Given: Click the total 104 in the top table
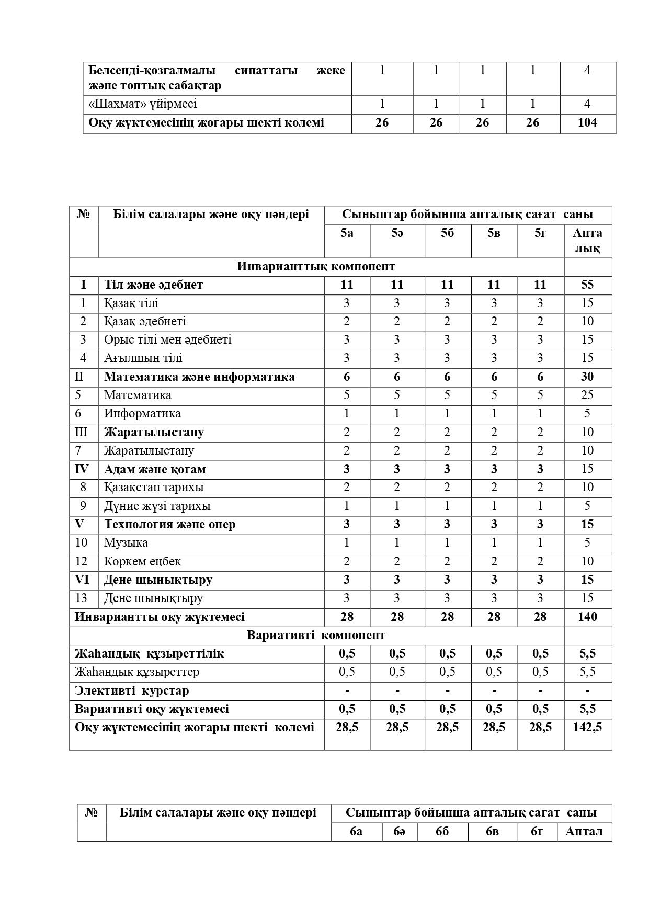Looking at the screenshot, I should (x=587, y=123).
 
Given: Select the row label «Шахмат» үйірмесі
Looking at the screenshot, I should (x=143, y=104).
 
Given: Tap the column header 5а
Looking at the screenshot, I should (x=347, y=233).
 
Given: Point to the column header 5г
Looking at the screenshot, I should (x=540, y=233).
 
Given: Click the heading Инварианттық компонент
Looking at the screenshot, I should (x=316, y=266).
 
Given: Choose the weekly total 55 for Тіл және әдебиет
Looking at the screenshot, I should (x=587, y=285).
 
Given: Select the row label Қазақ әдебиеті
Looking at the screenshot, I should (x=145, y=321).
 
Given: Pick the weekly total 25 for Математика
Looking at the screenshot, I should (x=587, y=395).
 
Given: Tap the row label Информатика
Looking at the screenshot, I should (x=142, y=413).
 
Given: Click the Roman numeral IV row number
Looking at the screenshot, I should (x=82, y=469).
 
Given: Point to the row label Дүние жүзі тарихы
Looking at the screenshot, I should (x=157, y=506).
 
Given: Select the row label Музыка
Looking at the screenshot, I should (x=126, y=542).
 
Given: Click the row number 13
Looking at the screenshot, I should (x=81, y=598).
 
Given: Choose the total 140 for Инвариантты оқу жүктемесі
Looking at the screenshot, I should (x=587, y=617).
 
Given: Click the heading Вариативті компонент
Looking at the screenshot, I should (x=316, y=635).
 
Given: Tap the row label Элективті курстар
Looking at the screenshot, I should (x=132, y=690).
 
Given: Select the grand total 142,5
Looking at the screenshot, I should (x=587, y=727).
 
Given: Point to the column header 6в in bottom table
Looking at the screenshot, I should (x=492, y=832).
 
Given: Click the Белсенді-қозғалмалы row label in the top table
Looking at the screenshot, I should (x=217, y=78).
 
